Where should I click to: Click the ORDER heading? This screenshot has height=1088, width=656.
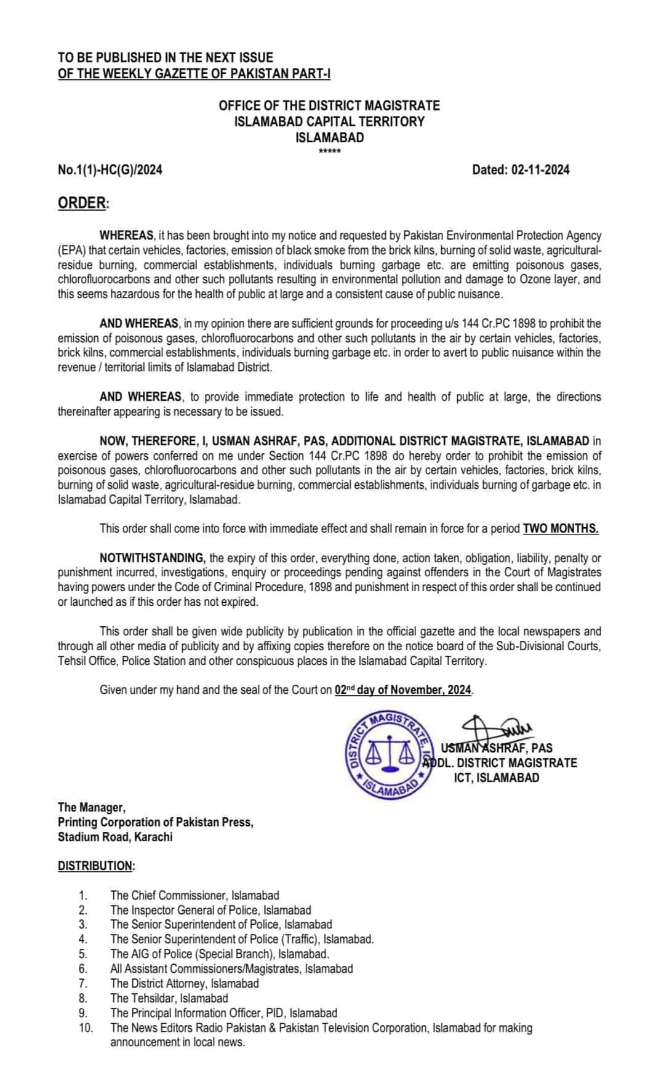tap(82, 204)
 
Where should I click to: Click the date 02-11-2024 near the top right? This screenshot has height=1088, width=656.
tap(540, 170)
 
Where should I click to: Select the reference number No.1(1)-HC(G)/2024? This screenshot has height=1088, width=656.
tap(110, 170)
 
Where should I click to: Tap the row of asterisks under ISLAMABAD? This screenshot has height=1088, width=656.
tap(329, 152)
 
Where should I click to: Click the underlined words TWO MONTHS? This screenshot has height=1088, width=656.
tap(561, 528)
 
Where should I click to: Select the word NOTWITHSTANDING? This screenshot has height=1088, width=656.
tap(152, 558)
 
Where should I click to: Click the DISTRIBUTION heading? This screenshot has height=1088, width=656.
tap(96, 866)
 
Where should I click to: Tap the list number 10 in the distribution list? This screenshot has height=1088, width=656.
tap(86, 1028)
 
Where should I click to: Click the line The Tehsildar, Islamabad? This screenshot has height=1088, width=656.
tap(169, 998)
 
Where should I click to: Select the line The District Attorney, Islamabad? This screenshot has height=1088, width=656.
tap(185, 983)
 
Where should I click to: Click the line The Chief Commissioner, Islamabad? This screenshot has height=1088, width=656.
tap(194, 895)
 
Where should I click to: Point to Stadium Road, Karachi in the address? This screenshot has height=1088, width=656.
tap(115, 837)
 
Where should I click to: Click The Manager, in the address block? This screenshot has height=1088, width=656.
tap(92, 807)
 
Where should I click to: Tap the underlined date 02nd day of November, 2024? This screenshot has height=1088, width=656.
tap(403, 690)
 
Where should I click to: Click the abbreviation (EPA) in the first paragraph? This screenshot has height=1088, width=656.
tap(72, 251)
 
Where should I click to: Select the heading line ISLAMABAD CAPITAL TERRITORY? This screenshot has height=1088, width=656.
tap(329, 122)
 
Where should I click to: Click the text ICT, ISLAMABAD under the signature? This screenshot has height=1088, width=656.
tap(497, 778)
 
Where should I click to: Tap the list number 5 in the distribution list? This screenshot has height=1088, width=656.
tap(83, 954)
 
